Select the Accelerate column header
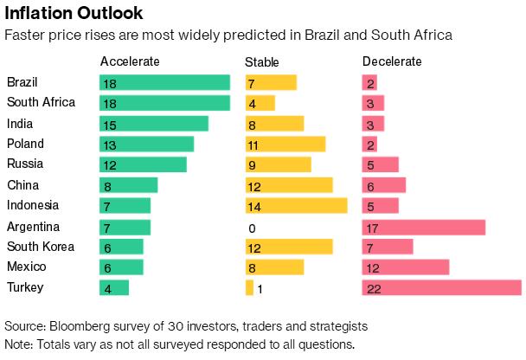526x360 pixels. [130, 61]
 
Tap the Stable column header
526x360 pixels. [262, 61]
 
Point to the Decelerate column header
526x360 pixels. [392, 61]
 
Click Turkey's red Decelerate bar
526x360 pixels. [441, 288]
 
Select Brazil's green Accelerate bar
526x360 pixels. [164, 82]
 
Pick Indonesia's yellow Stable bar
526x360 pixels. [296, 206]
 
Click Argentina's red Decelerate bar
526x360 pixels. [423, 227]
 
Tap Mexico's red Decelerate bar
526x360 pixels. [405, 267]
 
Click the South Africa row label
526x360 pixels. [41, 102]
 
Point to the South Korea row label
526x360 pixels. [41, 247]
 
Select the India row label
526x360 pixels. [20, 123]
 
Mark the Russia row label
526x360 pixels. [25, 164]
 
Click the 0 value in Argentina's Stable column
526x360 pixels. [252, 227]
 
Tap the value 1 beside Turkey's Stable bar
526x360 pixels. [260, 288]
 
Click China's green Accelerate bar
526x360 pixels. [128, 185]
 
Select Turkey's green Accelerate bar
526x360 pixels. [114, 288]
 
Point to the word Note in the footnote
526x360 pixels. [19, 344]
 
